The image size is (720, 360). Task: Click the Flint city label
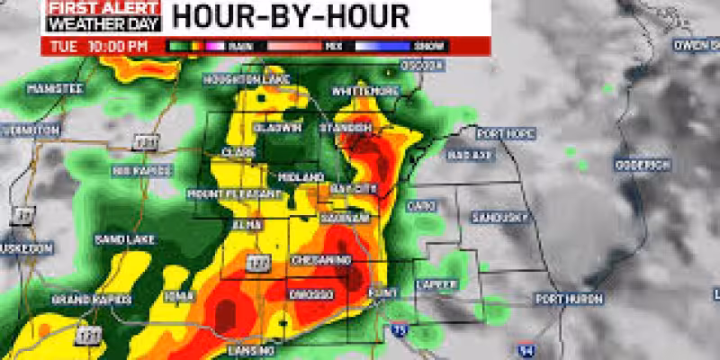click(x=382, y=292)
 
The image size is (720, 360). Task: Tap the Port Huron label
click(x=561, y=298)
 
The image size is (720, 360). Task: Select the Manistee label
click(x=55, y=88)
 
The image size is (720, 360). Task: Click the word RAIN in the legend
click(x=240, y=45)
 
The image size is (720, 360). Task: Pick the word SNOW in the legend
click(x=423, y=45)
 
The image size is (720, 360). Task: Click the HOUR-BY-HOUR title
click(x=290, y=15)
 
